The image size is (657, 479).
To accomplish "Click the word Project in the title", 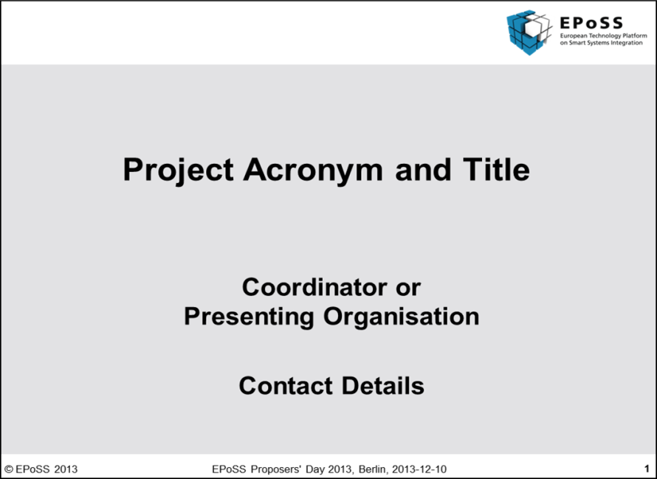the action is click(x=178, y=170).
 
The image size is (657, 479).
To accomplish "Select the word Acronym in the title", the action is click(x=313, y=170).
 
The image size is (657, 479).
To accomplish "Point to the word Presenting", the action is click(x=249, y=317).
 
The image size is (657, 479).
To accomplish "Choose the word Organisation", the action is click(x=401, y=317).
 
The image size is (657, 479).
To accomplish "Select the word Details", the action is click(x=382, y=385).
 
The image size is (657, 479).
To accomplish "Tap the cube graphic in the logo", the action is click(x=529, y=32).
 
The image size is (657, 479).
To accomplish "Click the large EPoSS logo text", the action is click(x=591, y=22).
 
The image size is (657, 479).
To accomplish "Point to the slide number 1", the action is click(x=647, y=469).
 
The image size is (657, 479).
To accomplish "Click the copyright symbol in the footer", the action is click(x=9, y=469).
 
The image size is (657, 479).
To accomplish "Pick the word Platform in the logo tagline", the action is click(x=635, y=35).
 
